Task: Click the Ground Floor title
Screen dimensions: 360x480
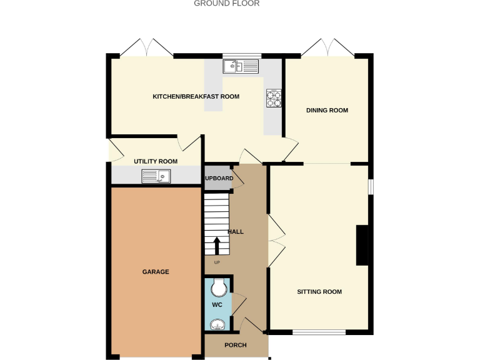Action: tap(226, 4)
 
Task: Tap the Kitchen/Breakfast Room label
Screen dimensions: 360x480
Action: tap(196, 97)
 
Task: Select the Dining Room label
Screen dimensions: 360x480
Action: tap(327, 111)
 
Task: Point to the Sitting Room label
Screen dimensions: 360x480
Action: tap(319, 292)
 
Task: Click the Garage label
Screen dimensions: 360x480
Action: tap(156, 272)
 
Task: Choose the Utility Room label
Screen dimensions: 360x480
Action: tap(156, 161)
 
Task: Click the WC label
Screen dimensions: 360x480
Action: tap(217, 305)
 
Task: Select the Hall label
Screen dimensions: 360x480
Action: tap(236, 232)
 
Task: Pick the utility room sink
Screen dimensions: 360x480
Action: tap(156, 177)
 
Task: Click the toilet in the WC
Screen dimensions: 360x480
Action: tap(218, 287)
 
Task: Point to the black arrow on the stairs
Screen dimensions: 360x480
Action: tap(217, 246)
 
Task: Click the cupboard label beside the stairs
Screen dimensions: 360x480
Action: tap(219, 179)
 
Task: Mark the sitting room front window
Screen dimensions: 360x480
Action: tap(319, 332)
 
